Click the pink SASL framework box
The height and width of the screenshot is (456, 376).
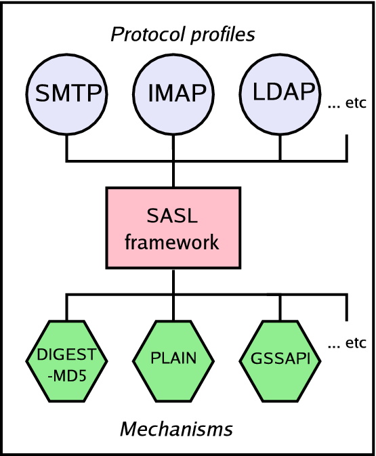173,228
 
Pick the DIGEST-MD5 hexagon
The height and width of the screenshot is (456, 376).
66,357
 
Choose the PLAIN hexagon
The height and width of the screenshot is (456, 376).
173,357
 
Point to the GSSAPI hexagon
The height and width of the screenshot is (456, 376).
280,357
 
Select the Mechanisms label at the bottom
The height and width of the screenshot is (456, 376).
176,429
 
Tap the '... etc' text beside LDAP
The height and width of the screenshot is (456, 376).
346,104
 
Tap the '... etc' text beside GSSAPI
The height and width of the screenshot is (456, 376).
346,343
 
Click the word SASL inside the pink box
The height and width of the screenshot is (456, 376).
173,217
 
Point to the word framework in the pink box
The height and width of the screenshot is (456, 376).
173,241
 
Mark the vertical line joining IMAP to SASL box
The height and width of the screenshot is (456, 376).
173,175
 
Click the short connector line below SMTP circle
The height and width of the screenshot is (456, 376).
66,147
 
